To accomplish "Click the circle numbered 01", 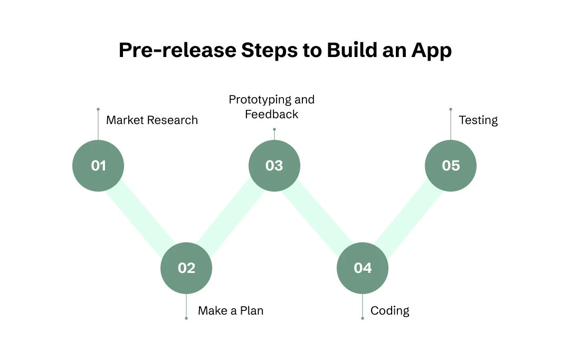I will (98, 166).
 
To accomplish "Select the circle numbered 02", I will (186, 268).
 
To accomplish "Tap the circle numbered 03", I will (274, 166).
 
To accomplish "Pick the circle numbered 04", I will (363, 268).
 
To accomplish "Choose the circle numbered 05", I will (451, 166).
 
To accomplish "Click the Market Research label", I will (152, 120).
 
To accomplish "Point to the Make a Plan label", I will (231, 311).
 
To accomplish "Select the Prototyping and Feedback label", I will (271, 107).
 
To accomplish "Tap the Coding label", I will (390, 311).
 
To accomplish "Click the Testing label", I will (478, 120).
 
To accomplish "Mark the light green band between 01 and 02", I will (141, 216).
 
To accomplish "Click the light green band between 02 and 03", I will (230, 217).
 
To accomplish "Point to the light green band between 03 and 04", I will (318, 217).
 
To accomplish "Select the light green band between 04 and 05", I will (407, 217).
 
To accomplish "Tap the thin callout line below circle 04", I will (363, 306).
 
